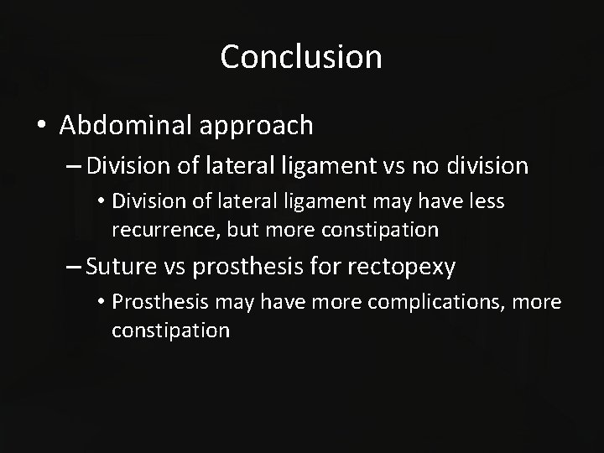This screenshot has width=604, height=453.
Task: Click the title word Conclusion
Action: pos(301,57)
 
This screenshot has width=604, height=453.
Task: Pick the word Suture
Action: pos(122,268)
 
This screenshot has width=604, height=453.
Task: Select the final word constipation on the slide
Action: pos(170,331)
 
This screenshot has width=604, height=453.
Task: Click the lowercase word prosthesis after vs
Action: pos(248,268)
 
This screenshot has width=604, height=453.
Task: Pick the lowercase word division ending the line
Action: pos(486,166)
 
